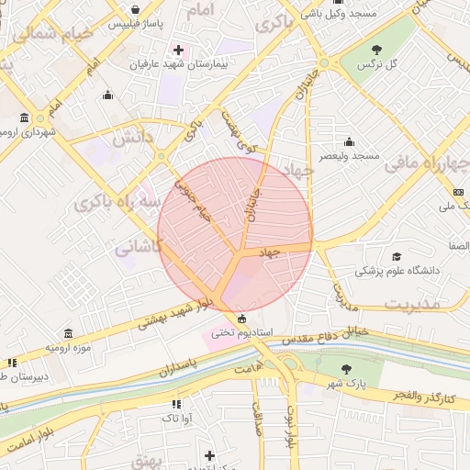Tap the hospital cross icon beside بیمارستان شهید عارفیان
click(178, 49)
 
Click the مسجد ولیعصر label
click(350, 157)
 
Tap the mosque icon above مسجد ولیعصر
click(349, 142)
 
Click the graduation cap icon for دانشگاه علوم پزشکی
click(397, 257)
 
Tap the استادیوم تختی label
click(238, 333)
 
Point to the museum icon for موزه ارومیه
click(67, 334)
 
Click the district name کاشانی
click(140, 246)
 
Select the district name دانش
click(131, 140)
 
